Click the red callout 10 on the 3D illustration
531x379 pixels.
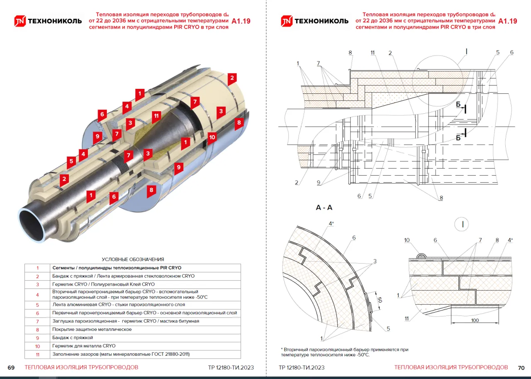(212, 137)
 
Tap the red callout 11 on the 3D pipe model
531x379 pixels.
(156, 115)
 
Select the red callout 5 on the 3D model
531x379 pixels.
(71, 161)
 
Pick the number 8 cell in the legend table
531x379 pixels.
(37, 329)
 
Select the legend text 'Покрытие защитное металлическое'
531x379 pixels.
(92, 329)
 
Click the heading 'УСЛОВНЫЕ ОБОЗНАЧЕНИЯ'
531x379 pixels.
(133, 259)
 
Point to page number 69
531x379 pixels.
(11, 368)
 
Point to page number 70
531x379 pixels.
(521, 368)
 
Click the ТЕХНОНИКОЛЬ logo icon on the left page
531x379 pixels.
(20, 21)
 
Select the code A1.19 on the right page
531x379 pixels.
(508, 21)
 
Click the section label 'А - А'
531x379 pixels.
(324, 208)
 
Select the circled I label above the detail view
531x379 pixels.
(462, 224)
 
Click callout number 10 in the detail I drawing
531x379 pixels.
(407, 240)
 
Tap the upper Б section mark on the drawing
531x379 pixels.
(458, 105)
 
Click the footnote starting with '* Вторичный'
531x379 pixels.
(344, 352)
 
